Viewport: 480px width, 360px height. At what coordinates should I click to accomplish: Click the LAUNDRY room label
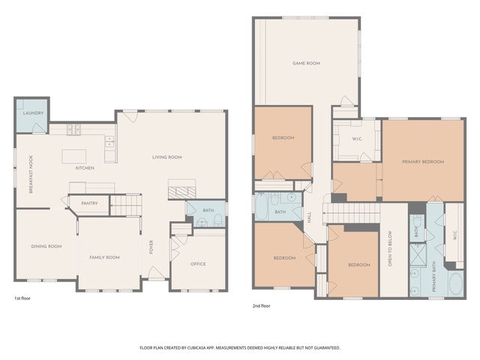pyautogui.click(x=32, y=113)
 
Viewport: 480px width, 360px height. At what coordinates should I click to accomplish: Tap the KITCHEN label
pyautogui.click(x=85, y=168)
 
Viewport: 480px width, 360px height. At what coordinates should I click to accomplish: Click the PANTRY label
pyautogui.click(x=90, y=202)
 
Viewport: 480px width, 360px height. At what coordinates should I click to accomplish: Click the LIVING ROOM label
pyautogui.click(x=167, y=157)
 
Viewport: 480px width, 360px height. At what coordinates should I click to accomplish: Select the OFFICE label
pyautogui.click(x=198, y=263)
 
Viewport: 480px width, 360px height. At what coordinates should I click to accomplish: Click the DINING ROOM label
pyautogui.click(x=46, y=246)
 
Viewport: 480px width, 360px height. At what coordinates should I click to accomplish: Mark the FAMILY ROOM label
pyautogui.click(x=104, y=257)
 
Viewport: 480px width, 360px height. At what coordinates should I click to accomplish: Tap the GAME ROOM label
pyautogui.click(x=306, y=64)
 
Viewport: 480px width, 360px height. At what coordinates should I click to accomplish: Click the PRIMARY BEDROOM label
pyautogui.click(x=423, y=162)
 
